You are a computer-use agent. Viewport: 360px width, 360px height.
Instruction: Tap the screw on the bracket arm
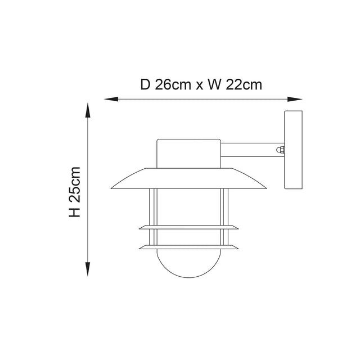pyautogui.click(x=280, y=150)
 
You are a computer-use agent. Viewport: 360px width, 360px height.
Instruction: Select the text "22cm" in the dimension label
pyautogui.click(x=244, y=85)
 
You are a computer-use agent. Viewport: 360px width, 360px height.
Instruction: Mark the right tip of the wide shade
pyautogui.click(x=265, y=186)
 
